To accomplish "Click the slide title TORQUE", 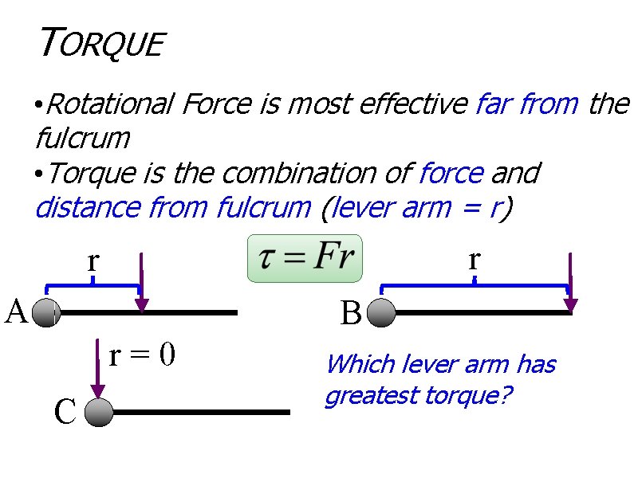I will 100,43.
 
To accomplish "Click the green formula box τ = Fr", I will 305,258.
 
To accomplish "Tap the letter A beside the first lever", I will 17,311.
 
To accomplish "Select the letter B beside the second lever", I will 350,314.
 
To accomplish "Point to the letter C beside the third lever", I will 65,412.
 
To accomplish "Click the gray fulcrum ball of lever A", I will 47,312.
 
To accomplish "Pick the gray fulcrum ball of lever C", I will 99,413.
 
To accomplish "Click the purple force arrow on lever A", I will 141,283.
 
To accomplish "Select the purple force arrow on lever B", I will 571,283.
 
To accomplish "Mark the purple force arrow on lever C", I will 97,370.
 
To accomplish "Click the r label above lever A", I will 93,260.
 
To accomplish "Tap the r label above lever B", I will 475,258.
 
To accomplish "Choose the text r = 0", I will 142,355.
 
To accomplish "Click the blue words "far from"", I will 526,104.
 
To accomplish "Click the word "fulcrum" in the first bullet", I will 83,138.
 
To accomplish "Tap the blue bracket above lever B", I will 475,285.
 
